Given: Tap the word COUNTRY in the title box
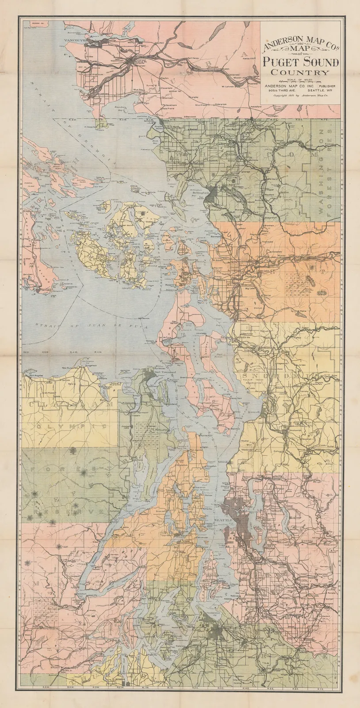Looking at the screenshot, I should (x=300, y=73).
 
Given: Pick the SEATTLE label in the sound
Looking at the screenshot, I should (x=223, y=519).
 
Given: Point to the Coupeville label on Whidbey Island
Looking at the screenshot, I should (x=179, y=345).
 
